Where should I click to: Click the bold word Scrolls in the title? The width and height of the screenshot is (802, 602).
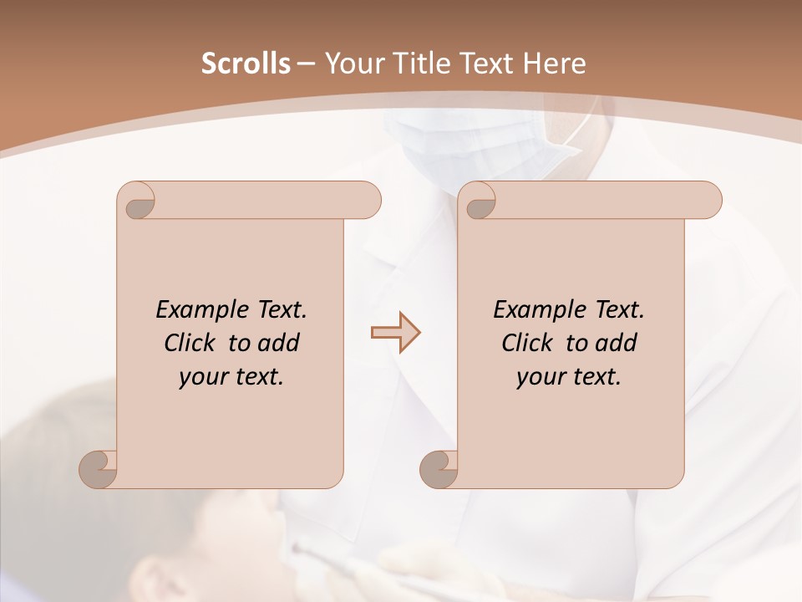(246, 64)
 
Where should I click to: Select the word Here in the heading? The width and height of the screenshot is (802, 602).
(553, 64)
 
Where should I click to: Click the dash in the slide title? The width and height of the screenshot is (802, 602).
(306, 64)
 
